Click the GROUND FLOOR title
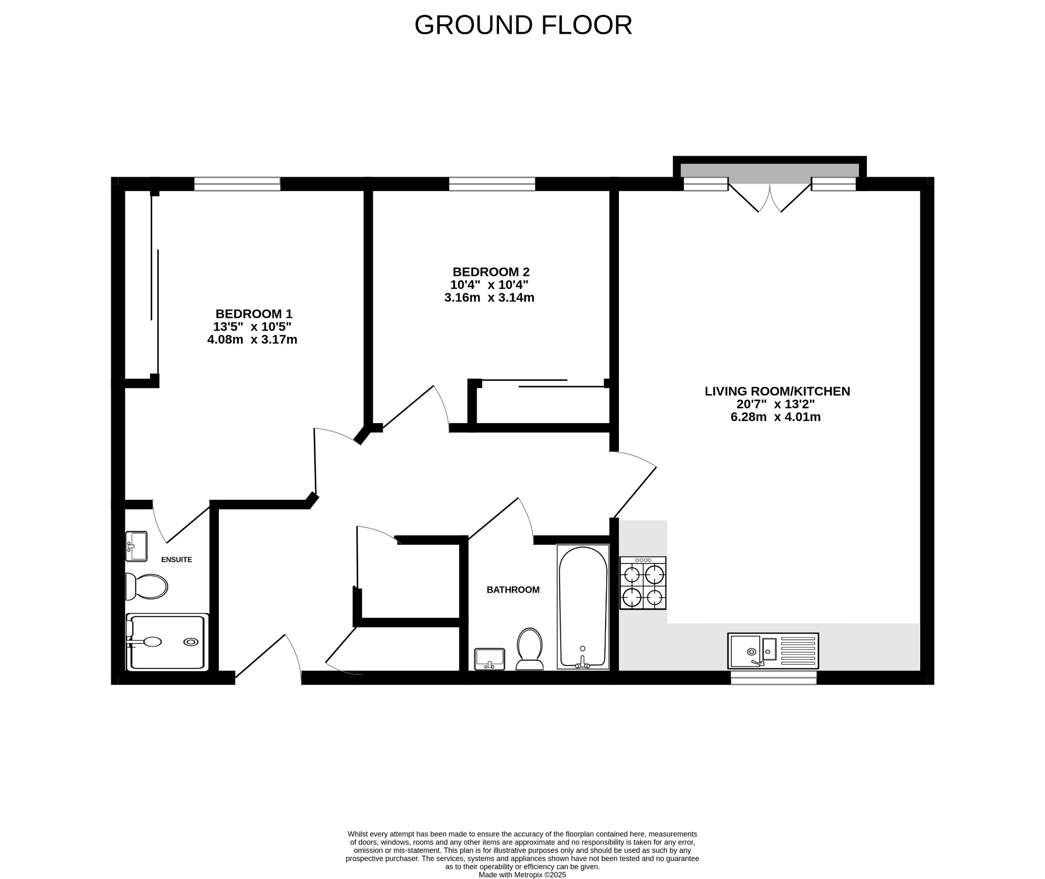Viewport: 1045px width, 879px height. click(x=523, y=25)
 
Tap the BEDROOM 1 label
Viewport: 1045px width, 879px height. click(x=254, y=314)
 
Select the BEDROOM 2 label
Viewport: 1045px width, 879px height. click(x=491, y=272)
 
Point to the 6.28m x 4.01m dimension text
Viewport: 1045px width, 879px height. click(x=776, y=417)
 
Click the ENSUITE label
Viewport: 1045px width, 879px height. click(x=177, y=559)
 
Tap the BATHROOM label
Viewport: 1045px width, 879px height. click(x=513, y=590)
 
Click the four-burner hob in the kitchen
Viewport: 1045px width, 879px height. click(x=643, y=583)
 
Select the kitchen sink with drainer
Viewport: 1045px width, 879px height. click(x=773, y=651)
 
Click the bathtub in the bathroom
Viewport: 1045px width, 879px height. click(x=583, y=607)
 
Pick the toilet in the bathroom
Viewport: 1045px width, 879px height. click(x=530, y=649)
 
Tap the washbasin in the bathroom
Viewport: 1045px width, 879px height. click(x=489, y=659)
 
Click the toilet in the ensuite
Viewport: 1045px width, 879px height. click(x=147, y=587)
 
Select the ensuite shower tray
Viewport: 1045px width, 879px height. click(x=167, y=642)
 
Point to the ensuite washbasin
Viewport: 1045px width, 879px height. click(x=136, y=546)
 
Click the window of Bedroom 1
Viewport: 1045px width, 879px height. click(x=237, y=184)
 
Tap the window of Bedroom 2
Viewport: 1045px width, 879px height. click(x=492, y=184)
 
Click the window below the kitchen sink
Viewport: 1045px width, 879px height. click(x=774, y=677)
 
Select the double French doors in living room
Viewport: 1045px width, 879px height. click(x=769, y=197)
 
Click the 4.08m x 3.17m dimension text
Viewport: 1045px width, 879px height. click(x=252, y=339)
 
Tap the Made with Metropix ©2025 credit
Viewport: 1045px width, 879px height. click(x=522, y=874)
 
